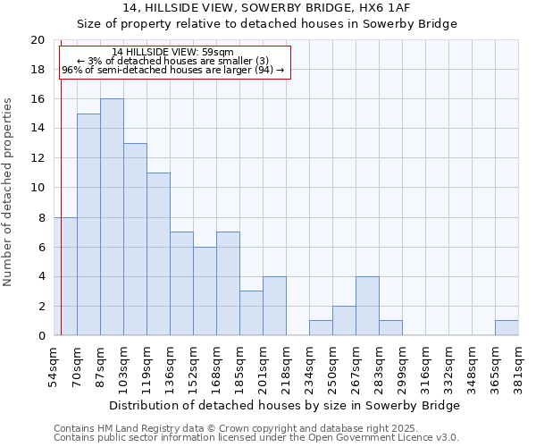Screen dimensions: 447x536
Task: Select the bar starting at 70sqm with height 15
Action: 88,224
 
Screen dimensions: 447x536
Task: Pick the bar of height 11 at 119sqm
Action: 158,254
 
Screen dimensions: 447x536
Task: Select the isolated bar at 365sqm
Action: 507,328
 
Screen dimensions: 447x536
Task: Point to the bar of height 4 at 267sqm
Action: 367,306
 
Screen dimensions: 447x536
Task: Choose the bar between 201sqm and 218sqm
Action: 274,306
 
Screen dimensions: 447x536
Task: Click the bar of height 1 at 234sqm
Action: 321,328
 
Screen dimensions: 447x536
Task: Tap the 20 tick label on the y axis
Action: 38,40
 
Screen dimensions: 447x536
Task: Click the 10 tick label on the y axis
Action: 38,188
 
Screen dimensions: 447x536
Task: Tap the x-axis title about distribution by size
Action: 286,405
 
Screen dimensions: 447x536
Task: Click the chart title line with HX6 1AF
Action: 267,8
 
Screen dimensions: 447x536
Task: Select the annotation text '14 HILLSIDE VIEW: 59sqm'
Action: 173,53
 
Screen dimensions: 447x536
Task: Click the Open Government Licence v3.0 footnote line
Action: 256,437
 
